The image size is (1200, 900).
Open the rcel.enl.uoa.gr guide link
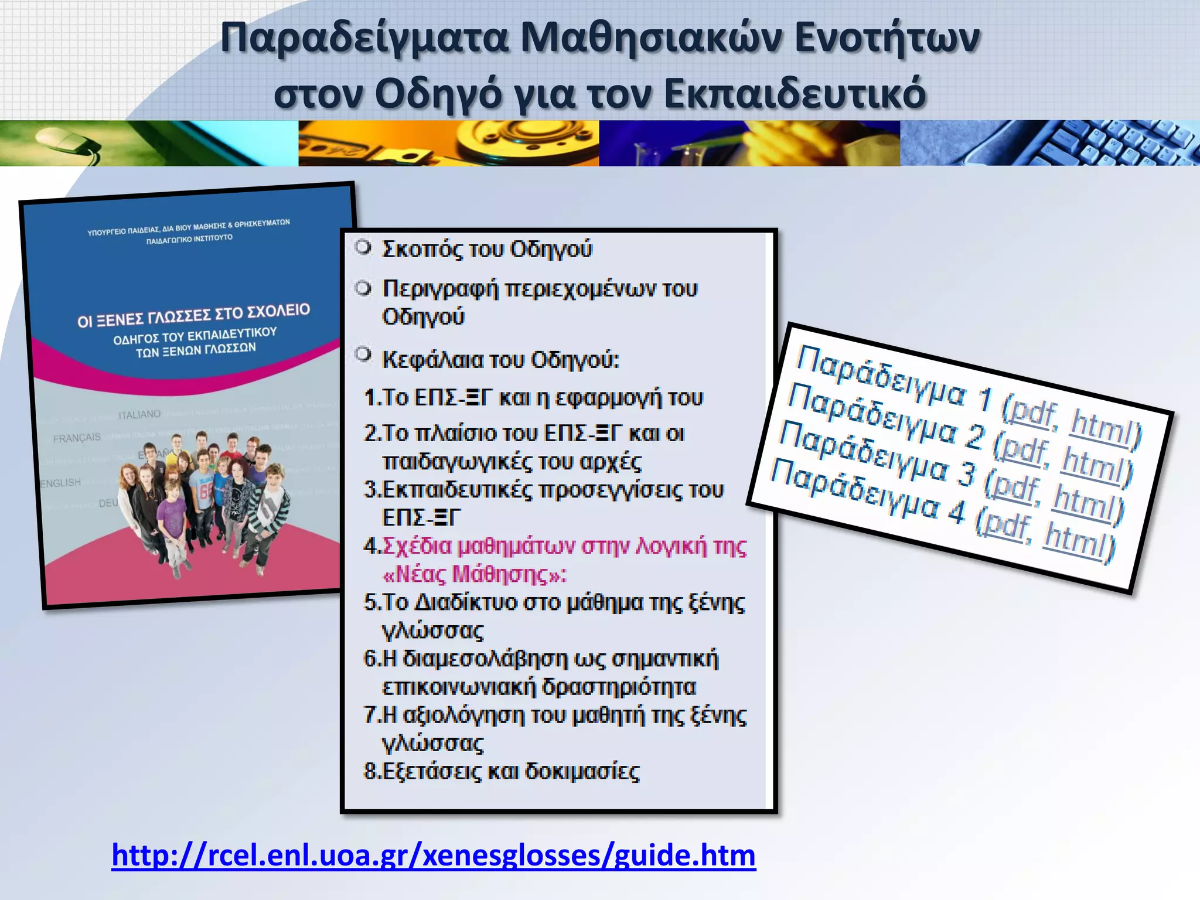tap(433, 856)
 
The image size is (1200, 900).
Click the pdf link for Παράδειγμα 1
tap(1034, 412)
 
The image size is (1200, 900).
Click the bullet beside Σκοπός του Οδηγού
tap(364, 247)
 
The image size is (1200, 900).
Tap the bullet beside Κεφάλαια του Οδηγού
tap(364, 354)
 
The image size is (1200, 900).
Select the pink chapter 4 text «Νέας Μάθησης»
tap(475, 574)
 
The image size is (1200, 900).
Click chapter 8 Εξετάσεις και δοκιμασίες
tap(502, 772)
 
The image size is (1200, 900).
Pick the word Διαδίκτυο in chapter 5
tap(466, 603)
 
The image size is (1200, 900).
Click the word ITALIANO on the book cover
tap(139, 415)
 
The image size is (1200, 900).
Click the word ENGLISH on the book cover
tap(60, 483)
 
